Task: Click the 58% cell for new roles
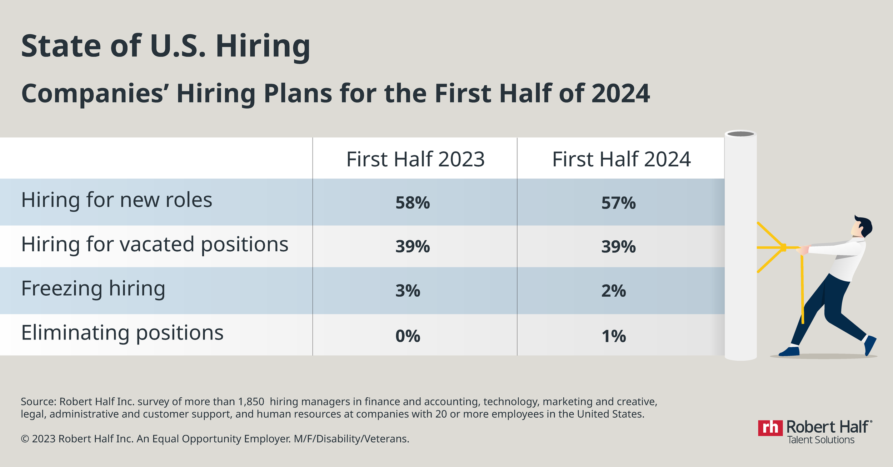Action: coord(413,203)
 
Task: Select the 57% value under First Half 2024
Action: coord(618,203)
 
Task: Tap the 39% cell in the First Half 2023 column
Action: coord(413,246)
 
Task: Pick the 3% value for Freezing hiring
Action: coord(408,291)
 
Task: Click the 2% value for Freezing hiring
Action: coord(613,291)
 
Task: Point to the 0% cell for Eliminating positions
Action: coord(408,336)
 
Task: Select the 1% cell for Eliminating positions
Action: coord(613,336)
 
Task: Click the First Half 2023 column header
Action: coord(415,159)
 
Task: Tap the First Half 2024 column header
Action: coord(621,159)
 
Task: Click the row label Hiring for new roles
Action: coord(116,200)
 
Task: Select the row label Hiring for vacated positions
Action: coord(155,245)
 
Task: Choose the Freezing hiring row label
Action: coord(93,288)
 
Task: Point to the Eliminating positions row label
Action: coord(122,333)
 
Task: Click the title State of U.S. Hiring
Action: coord(165,46)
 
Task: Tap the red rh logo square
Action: coord(770,428)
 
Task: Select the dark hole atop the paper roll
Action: coord(740,134)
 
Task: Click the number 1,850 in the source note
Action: coord(251,402)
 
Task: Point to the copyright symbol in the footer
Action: coord(25,439)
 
